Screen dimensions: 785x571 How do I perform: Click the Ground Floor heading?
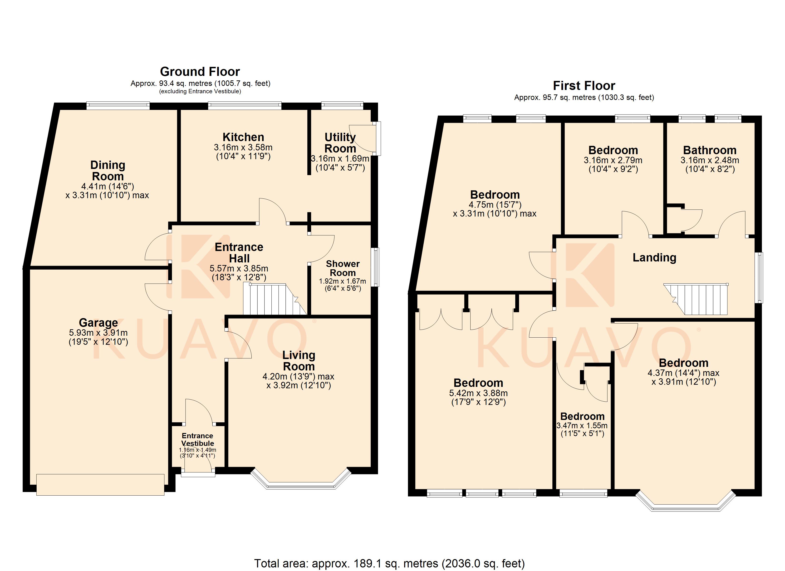(200, 72)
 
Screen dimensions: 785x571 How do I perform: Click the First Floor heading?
(584, 85)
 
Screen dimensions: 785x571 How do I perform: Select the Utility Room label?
(340, 143)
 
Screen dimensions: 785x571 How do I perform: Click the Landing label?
(654, 258)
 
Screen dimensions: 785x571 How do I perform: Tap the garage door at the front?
(100, 485)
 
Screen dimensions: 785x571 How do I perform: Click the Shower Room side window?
(375, 267)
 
